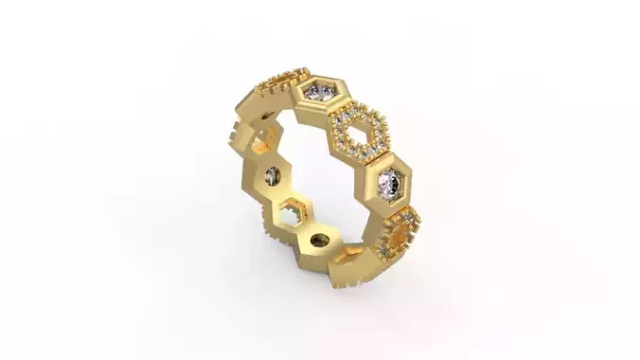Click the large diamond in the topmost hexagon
(320, 92)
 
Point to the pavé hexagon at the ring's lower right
(401, 230)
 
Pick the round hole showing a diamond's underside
(273, 174)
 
